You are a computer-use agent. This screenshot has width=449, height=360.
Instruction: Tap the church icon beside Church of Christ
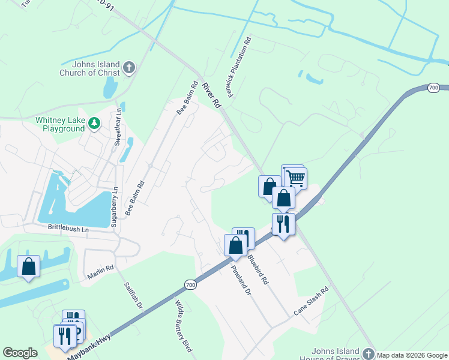[129, 67]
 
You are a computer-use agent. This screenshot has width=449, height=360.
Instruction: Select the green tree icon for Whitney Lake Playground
[94, 124]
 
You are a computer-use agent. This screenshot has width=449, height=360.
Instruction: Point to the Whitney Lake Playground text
[59, 124]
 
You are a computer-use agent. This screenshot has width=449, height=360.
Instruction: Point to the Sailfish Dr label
[133, 297]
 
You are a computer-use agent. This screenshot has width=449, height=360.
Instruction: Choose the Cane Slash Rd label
[312, 302]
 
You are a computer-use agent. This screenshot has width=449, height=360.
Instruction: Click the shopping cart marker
[295, 178]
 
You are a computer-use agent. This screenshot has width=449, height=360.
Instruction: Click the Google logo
[20, 353]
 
